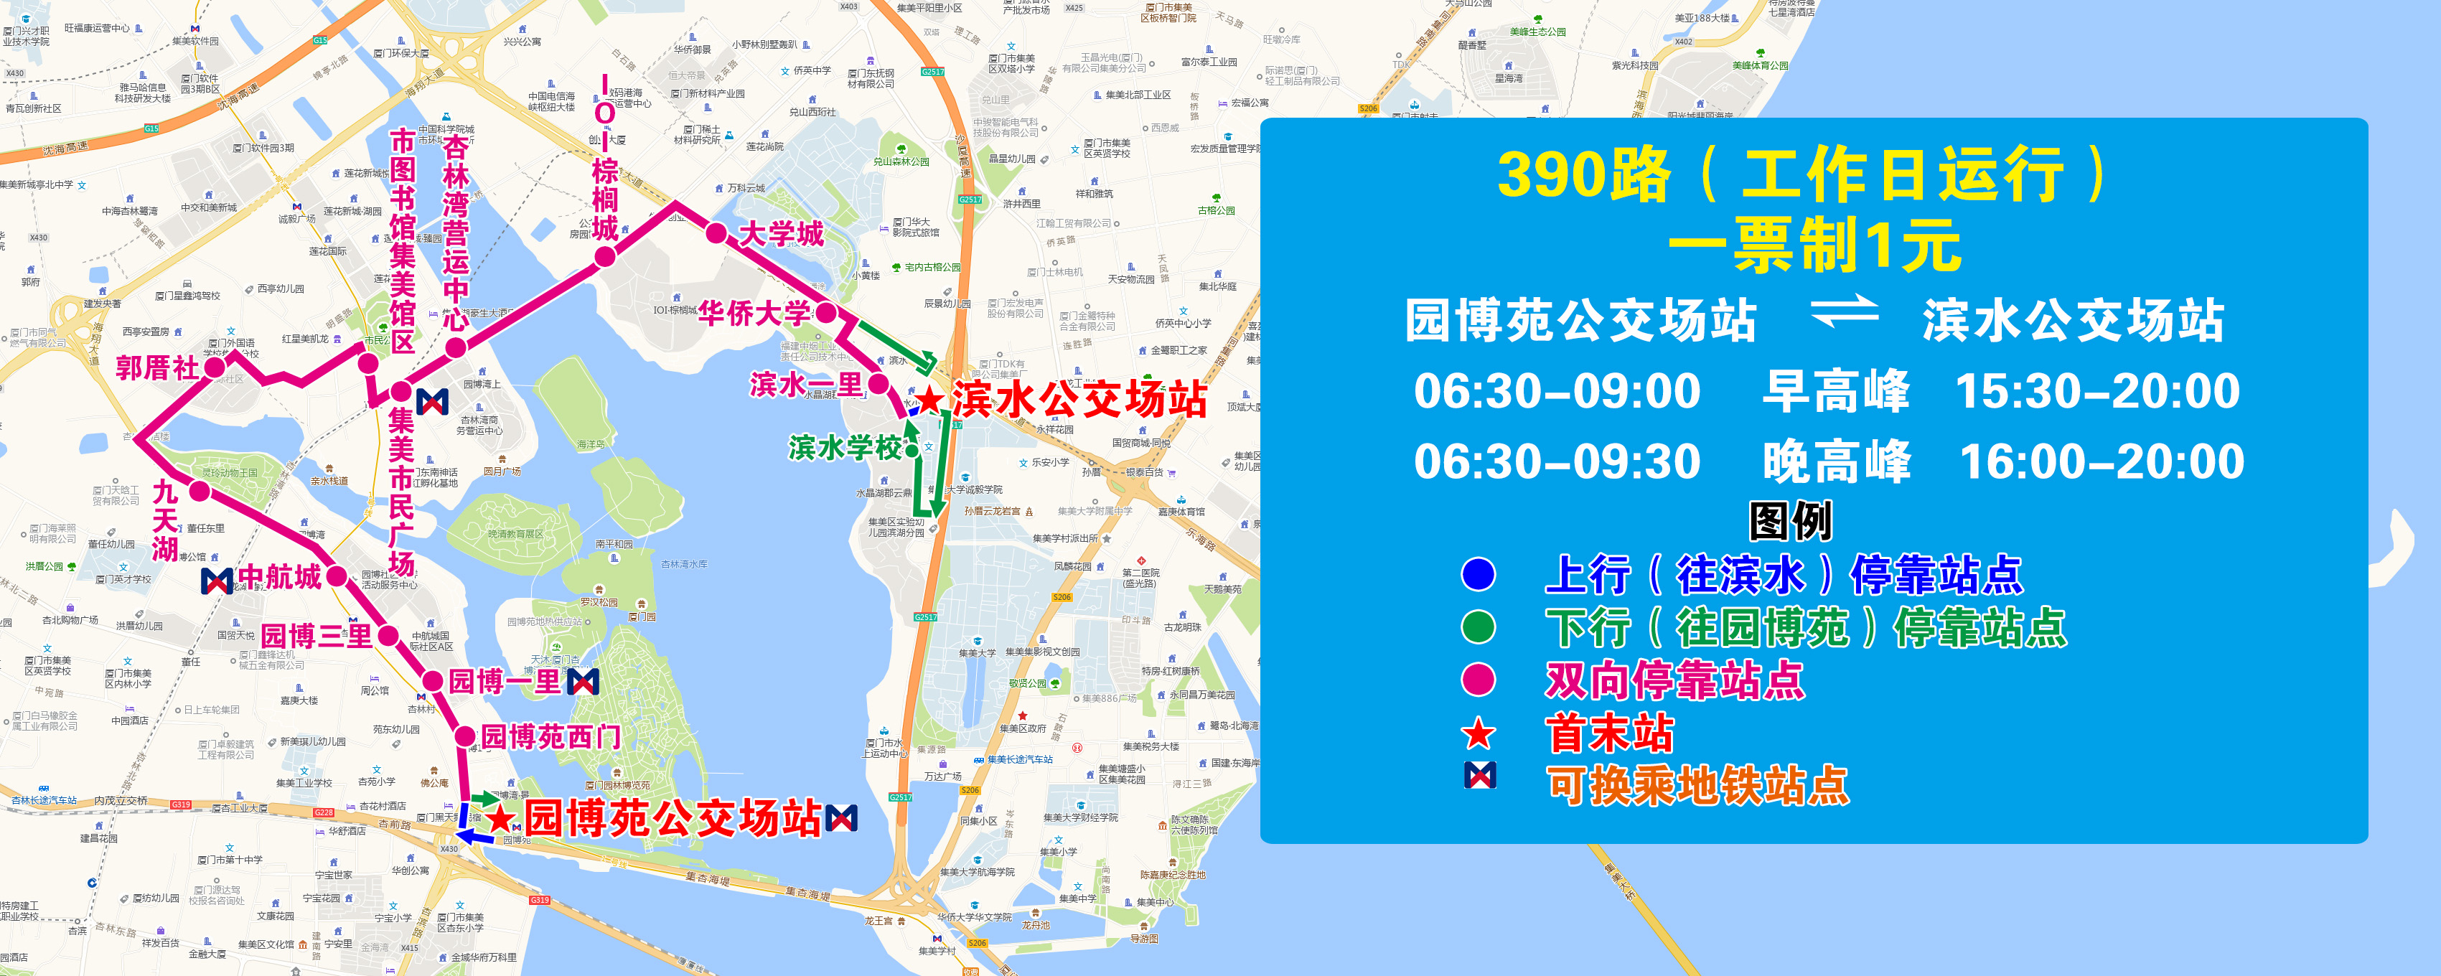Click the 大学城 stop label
pyautogui.click(x=781, y=233)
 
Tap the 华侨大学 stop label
pyautogui.click(x=754, y=313)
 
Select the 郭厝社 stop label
pyautogui.click(x=157, y=367)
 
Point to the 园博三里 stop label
pyautogui.click(x=317, y=636)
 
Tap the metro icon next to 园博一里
pyautogui.click(x=583, y=681)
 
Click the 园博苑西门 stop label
pyautogui.click(x=551, y=736)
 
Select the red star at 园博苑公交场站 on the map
pyautogui.click(x=501, y=819)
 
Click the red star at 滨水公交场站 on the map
pyautogui.click(x=930, y=399)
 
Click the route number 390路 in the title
pyautogui.click(x=1583, y=175)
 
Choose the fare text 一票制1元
pyautogui.click(x=1814, y=245)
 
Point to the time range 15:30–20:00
pyautogui.click(x=2098, y=390)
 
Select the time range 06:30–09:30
pyautogui.click(x=1557, y=461)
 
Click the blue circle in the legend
pyautogui.click(x=1479, y=574)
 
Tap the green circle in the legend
pyautogui.click(x=1479, y=627)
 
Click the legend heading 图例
pyautogui.click(x=1790, y=520)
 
